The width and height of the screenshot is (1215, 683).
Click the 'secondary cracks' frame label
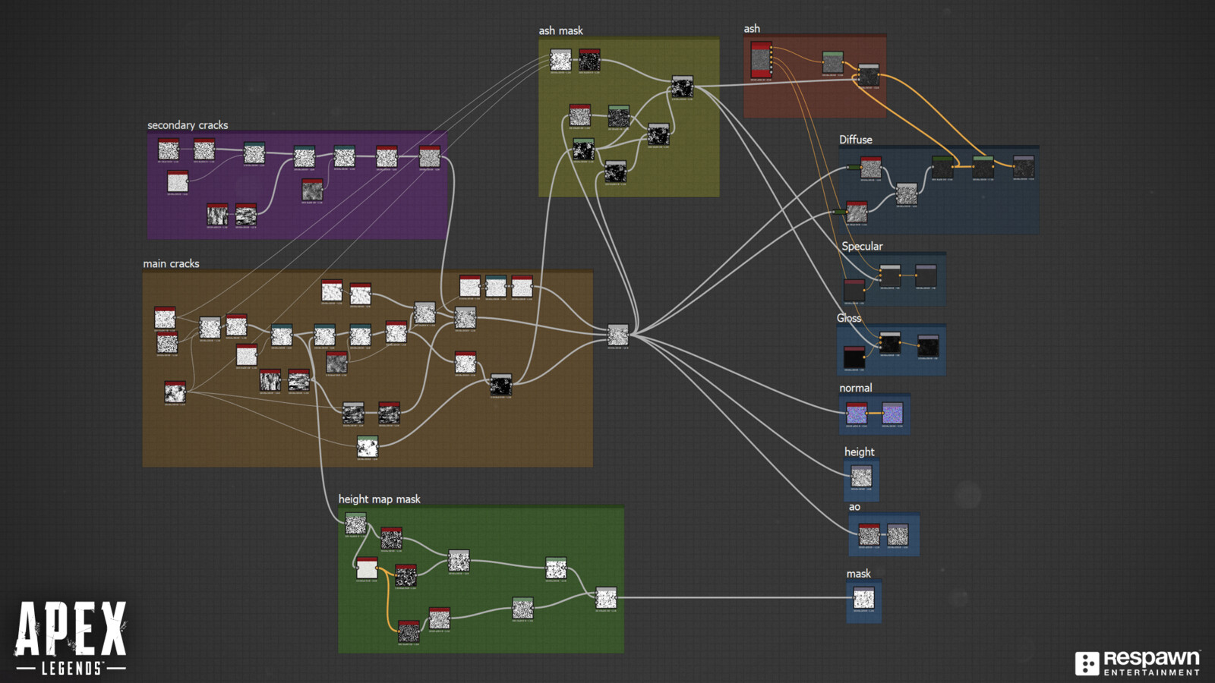188,125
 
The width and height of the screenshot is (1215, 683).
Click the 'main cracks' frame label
171,264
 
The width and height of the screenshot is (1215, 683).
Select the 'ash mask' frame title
560,31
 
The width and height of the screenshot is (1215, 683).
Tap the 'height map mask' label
379,499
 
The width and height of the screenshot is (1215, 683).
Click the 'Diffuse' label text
855,140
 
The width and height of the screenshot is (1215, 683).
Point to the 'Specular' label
862,247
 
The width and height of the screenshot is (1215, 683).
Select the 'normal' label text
855,389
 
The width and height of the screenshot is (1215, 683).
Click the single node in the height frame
861,477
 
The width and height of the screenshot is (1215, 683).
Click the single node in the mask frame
863,598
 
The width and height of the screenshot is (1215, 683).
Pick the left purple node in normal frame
857,414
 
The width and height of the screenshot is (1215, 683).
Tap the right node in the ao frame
898,535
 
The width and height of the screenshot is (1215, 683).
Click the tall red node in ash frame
761,60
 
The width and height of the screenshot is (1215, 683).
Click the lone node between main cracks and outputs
618,335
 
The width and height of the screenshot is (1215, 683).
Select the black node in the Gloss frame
854,357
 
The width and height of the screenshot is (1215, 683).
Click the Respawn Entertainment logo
1137,663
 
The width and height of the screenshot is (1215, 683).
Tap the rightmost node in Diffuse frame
1024,167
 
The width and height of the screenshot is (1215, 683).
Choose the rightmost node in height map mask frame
606,598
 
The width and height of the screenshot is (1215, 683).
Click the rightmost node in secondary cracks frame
429,156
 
